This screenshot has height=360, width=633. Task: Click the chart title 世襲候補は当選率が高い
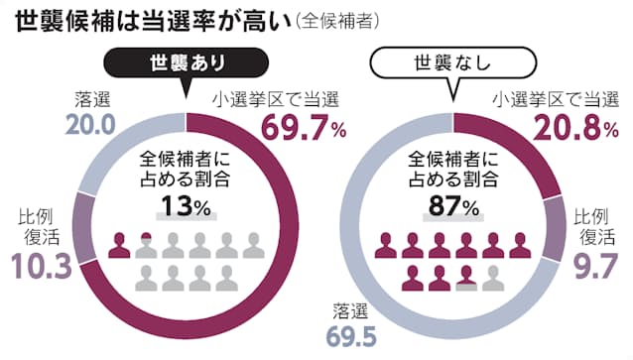(x=145, y=21)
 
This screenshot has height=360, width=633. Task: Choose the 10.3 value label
(x=39, y=266)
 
